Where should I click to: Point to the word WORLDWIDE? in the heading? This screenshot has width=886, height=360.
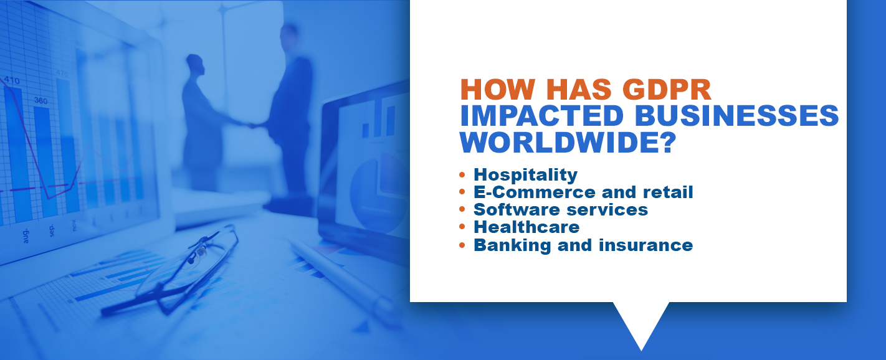coord(568,142)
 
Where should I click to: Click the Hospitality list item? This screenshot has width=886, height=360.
coord(526,174)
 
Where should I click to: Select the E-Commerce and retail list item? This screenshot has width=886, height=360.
coord(583,192)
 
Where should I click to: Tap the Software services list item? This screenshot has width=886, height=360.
coord(561,210)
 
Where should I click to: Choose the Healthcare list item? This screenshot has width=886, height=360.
coord(527,227)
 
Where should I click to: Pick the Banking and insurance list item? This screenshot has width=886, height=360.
coord(583,245)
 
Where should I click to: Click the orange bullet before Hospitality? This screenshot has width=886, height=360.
coord(462,175)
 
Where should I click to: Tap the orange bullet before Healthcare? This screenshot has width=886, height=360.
coord(462,227)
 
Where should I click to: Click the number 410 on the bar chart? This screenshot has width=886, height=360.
coord(11,81)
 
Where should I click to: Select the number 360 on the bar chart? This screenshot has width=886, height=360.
coord(40,100)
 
